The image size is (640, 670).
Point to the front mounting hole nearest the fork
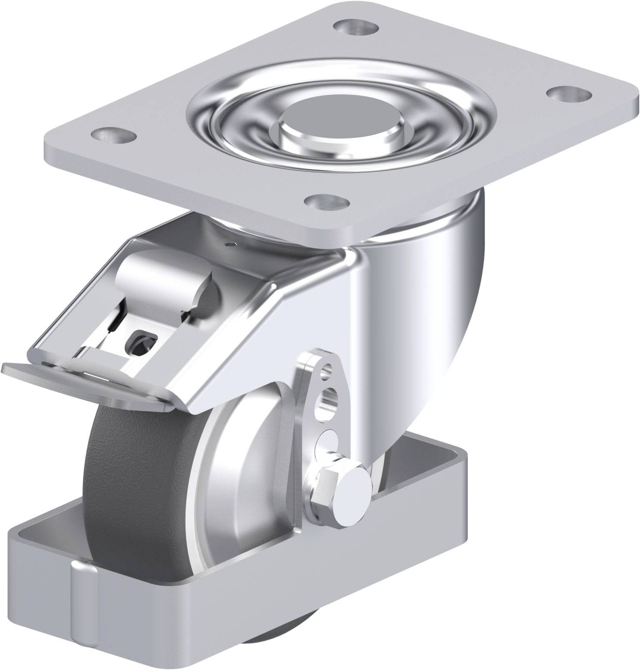tap(326, 201)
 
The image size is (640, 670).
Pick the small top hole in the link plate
tap(328, 368)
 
